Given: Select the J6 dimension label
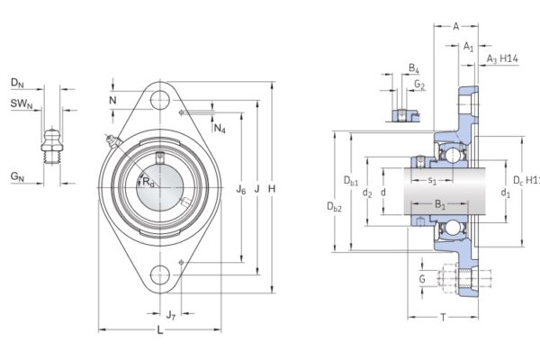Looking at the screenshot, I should tap(240, 189).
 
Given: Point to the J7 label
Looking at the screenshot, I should tap(170, 314).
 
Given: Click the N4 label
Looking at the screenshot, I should tap(220, 129).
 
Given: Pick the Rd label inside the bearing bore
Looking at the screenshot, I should tap(148, 182).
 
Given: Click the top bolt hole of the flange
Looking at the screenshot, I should tap(160, 100).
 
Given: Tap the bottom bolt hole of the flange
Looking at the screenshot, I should tap(161, 276).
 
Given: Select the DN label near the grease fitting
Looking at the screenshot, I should tap(17, 83).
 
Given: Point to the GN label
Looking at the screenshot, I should tap(17, 178).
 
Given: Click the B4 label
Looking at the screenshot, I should tap(413, 68).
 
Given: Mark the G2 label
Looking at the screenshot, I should tap(419, 85).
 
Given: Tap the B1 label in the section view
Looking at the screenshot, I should tap(440, 206).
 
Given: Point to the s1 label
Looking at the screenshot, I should tap(432, 181).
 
